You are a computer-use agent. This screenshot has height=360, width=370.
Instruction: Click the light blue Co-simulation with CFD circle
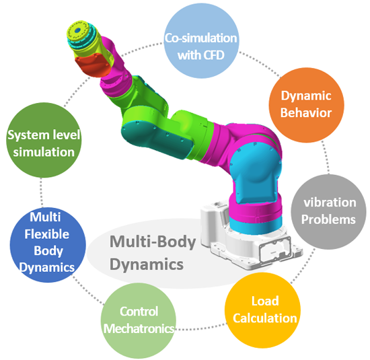(x=201, y=41)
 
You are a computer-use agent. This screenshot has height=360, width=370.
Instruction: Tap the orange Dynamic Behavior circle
(x=306, y=105)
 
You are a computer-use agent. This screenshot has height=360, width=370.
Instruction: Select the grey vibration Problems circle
(x=328, y=212)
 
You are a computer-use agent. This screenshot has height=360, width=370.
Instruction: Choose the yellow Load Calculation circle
(x=262, y=310)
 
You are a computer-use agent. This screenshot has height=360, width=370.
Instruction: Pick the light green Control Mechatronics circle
(x=139, y=320)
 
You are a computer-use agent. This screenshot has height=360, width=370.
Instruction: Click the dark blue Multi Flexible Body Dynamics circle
(x=48, y=245)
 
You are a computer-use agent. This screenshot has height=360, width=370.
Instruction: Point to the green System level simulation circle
(x=44, y=140)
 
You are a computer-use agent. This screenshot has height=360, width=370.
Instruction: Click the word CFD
(x=213, y=55)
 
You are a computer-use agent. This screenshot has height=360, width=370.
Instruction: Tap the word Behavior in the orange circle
(x=306, y=112)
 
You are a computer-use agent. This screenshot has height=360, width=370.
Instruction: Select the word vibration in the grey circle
(x=330, y=203)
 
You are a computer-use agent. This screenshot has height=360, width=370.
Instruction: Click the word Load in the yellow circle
(x=265, y=301)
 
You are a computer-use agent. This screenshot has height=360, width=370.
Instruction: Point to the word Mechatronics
(x=139, y=328)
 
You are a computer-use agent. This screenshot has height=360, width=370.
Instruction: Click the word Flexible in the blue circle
(x=46, y=234)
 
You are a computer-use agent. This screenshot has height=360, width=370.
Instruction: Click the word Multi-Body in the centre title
(x=153, y=242)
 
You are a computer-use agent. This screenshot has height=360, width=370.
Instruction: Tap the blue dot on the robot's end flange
(x=77, y=30)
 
